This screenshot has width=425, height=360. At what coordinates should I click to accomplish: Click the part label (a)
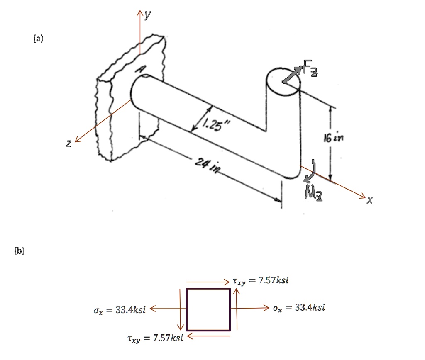point(38,39)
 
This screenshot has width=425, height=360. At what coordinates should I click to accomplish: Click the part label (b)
point(19,251)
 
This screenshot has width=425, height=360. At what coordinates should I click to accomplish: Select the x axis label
point(370,201)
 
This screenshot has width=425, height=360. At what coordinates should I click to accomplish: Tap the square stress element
point(208,309)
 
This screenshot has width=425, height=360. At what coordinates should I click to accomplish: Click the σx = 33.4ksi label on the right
point(299,308)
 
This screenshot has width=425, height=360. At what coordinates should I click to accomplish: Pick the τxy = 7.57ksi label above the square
point(260,281)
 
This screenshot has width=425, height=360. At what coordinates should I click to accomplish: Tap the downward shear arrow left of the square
point(181,309)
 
